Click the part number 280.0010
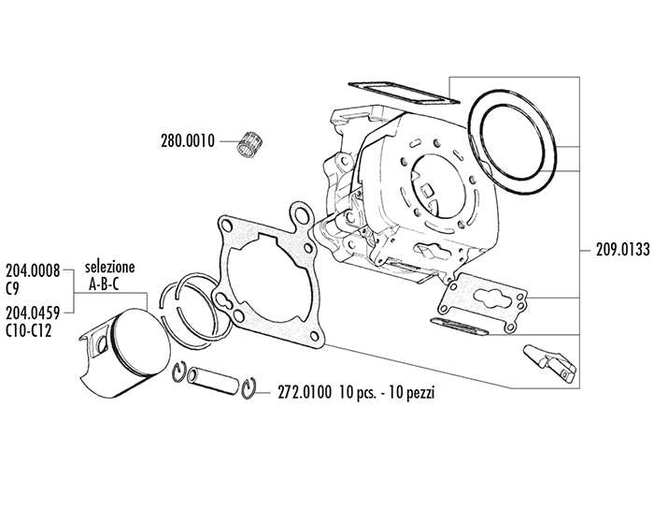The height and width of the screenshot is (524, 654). tap(187, 142)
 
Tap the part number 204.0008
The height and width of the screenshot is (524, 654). tap(34, 269)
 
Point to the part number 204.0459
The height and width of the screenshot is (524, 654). tap(34, 314)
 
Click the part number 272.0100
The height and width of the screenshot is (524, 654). tap(305, 393)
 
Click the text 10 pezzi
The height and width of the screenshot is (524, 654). tap(410, 393)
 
